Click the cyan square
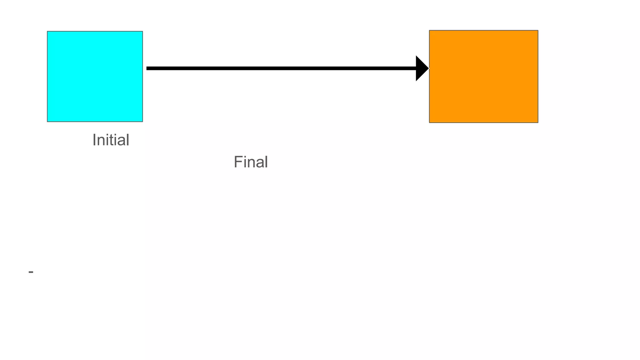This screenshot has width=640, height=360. [x=95, y=76]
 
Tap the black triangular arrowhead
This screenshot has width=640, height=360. [x=421, y=68]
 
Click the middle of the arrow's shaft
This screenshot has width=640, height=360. [x=281, y=68]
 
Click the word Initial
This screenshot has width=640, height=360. [x=111, y=140]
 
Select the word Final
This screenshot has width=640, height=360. [x=251, y=162]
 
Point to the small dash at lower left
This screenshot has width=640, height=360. [x=31, y=272]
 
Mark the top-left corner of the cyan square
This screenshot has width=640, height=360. [x=47, y=31]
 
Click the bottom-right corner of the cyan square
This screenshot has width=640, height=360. [x=142, y=122]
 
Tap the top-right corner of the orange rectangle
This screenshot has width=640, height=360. [x=538, y=31]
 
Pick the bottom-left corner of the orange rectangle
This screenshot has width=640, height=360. [x=429, y=122]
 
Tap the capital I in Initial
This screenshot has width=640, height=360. [x=94, y=140]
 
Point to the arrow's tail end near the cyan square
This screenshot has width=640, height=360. [x=147, y=68]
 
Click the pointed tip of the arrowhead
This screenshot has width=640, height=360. [x=428, y=68]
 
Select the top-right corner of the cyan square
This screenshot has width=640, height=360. [x=142, y=31]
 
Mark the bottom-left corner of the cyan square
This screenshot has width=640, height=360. [x=47, y=122]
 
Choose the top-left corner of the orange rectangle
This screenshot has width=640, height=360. [x=429, y=31]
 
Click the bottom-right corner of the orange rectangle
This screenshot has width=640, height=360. [x=538, y=122]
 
